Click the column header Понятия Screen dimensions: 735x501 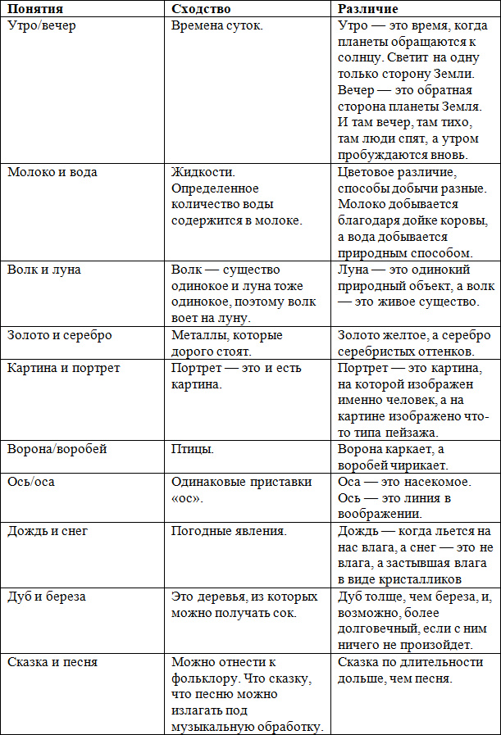(x=35, y=8)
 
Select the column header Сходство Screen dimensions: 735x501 (x=201, y=8)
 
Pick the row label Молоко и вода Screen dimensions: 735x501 (x=52, y=172)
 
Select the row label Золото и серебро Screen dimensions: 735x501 (x=59, y=335)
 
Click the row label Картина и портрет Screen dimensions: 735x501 (x=63, y=368)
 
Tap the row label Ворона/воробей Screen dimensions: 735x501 (x=57, y=449)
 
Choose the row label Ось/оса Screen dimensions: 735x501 (x=32, y=482)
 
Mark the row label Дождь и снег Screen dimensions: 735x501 (x=48, y=531)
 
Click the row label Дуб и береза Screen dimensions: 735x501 (x=47, y=597)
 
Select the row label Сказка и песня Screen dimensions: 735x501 (x=52, y=661)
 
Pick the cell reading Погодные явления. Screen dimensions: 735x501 (x=229, y=531)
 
